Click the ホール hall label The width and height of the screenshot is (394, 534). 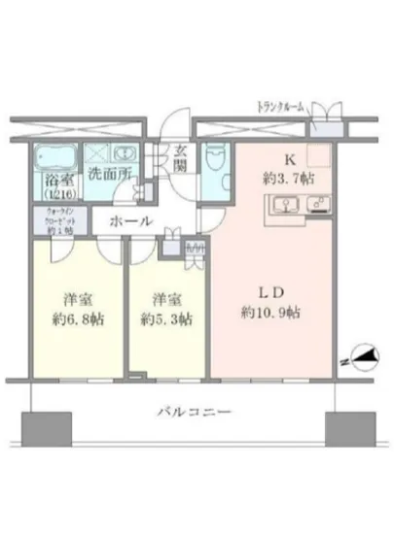click(x=129, y=222)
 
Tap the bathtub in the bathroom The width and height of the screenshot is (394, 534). click(x=55, y=156)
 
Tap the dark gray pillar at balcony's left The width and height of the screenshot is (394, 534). click(x=40, y=427)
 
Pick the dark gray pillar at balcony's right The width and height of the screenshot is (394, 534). click(x=350, y=427)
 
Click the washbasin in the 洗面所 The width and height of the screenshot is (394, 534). click(x=124, y=154)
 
